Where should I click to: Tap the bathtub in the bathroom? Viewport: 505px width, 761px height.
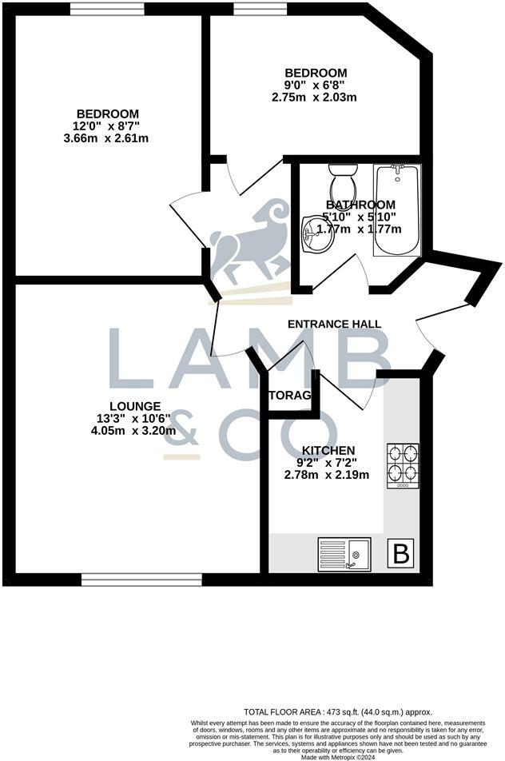tap(396, 209)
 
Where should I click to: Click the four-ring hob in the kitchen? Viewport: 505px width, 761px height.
tap(402, 465)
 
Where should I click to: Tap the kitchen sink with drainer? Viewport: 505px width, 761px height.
tap(344, 554)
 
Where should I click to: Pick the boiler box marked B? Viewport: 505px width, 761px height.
tap(402, 553)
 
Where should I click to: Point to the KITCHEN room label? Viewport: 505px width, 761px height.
tap(328, 450)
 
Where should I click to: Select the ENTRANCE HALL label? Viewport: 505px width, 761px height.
tap(334, 324)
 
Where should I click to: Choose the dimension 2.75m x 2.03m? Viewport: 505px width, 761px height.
tap(314, 98)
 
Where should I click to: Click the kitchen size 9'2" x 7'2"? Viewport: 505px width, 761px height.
tap(328, 462)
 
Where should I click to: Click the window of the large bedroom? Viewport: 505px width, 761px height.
tap(106, 9)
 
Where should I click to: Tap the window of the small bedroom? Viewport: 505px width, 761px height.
tap(259, 9)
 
